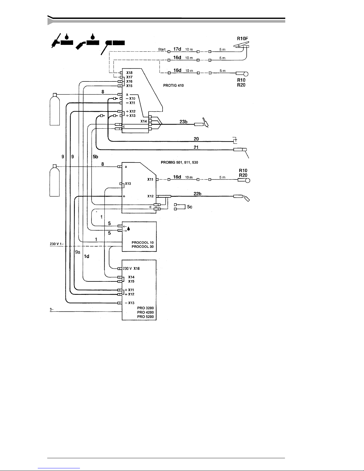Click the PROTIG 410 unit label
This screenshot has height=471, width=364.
(x=173, y=86)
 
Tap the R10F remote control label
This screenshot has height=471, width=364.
(x=242, y=38)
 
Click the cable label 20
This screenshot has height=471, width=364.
(x=196, y=139)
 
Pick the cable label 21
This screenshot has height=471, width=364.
(x=196, y=147)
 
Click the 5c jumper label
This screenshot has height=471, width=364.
(x=190, y=207)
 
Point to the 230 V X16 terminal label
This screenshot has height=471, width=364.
(x=131, y=268)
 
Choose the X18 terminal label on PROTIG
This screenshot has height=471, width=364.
(x=129, y=73)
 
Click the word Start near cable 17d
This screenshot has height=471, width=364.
(x=162, y=49)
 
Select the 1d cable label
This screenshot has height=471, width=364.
(x=86, y=256)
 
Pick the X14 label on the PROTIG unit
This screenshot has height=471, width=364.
(x=144, y=121)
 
